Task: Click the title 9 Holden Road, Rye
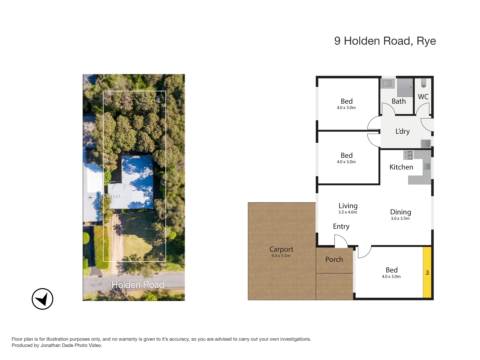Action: point(385,41)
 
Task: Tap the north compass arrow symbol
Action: point(42,299)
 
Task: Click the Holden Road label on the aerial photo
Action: point(137,285)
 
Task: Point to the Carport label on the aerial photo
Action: point(112,196)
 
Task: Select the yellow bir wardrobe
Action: point(427,272)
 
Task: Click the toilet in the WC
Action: point(423,83)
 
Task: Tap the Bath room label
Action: point(399,101)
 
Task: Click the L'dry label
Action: point(402,131)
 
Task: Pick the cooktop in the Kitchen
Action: point(408,155)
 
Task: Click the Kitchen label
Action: point(401,167)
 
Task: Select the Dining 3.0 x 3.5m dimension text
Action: point(400,219)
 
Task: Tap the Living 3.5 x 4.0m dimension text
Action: point(348,212)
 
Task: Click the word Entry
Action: point(341,226)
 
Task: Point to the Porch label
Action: point(334,259)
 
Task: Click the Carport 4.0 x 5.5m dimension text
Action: point(281,256)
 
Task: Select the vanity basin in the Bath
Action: point(387,83)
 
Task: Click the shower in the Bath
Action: point(405,87)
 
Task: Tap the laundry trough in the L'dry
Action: point(425,144)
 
